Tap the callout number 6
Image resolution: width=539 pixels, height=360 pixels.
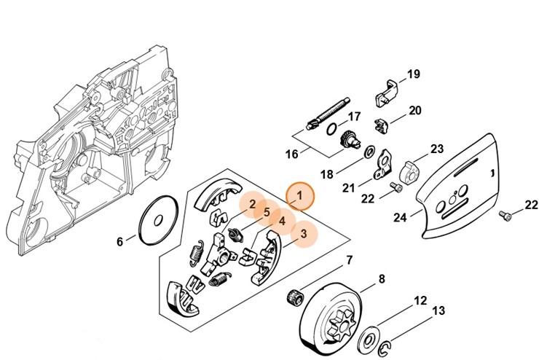tap(121, 242)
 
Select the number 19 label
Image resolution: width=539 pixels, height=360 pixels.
tap(413, 74)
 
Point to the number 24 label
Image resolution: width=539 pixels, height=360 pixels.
tap(400, 217)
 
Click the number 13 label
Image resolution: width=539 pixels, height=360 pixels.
tap(438, 311)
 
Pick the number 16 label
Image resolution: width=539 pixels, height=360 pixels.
tap(292, 154)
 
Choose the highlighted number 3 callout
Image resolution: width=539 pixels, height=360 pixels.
tap(304, 233)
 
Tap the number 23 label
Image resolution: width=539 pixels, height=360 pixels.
tap(436, 149)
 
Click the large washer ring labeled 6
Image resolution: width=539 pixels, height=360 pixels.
tap(159, 221)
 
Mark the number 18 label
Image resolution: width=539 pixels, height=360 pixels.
tap(326, 175)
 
